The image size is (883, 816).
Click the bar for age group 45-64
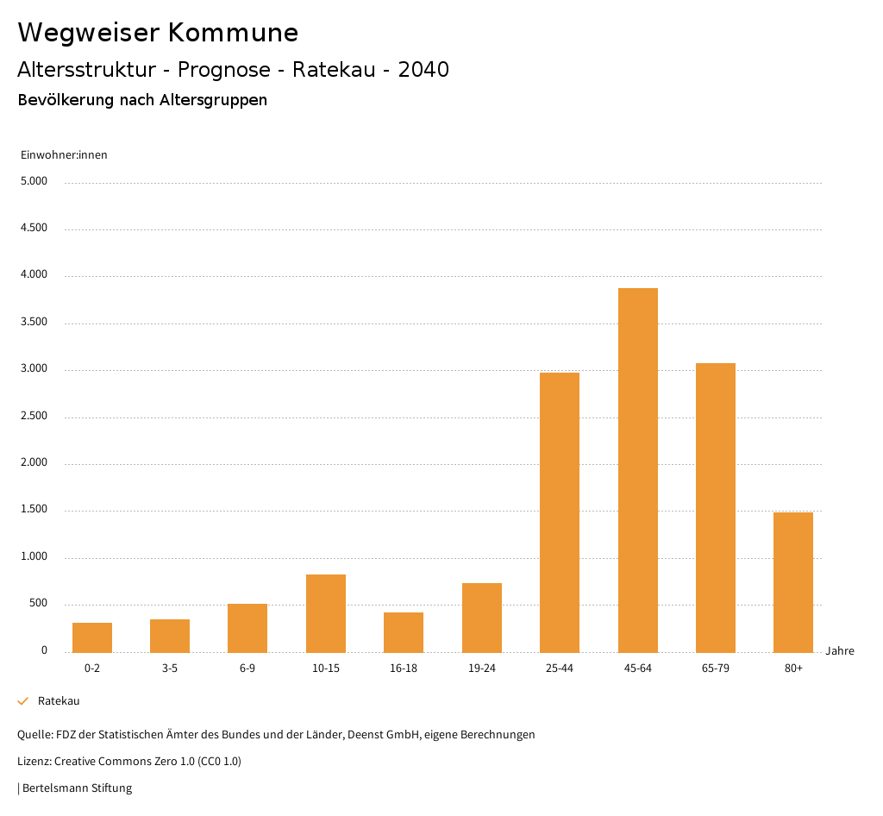[637, 470]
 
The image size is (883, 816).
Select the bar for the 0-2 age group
[92, 637]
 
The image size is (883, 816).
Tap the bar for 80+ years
[793, 582]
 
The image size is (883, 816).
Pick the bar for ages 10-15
[326, 613]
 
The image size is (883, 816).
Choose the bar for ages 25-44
[560, 512]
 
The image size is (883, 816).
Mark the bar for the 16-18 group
[404, 632]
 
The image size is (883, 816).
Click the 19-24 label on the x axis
[482, 668]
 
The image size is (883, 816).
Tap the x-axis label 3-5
[170, 668]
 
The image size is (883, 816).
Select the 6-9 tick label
[247, 668]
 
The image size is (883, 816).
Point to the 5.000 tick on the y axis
[34, 182]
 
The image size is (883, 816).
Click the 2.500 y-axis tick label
[34, 417]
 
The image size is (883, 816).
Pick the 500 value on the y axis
[39, 604]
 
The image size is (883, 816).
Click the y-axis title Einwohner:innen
[64, 155]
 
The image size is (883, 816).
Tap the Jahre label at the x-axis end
[840, 651]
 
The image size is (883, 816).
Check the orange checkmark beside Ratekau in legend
[23, 701]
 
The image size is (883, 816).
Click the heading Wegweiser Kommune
[158, 33]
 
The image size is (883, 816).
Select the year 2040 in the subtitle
[423, 70]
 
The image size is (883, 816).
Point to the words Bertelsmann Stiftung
[78, 788]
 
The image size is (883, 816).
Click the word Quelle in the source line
[34, 735]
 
